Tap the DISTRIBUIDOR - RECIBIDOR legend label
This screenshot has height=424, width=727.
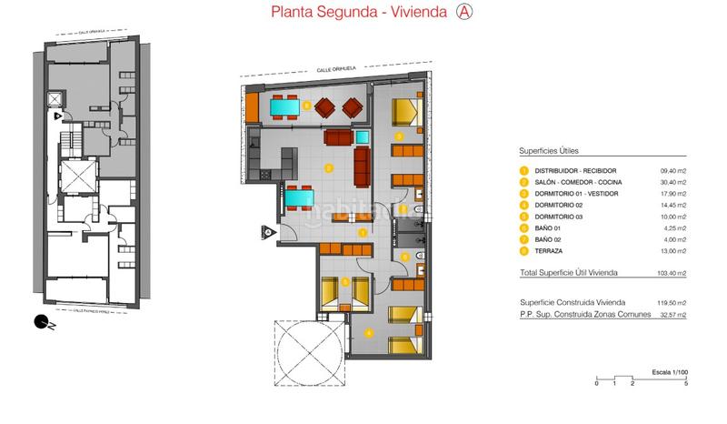pos(574,170)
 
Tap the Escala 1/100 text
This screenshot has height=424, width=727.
pos(671,371)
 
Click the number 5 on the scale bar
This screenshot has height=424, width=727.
pos(686,384)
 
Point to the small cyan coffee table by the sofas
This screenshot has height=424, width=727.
pos(363,138)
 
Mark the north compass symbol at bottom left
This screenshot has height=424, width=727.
pos(40,319)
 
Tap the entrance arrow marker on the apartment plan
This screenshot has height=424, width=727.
pos(269,231)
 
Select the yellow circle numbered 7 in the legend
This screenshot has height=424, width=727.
pos(523,238)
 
